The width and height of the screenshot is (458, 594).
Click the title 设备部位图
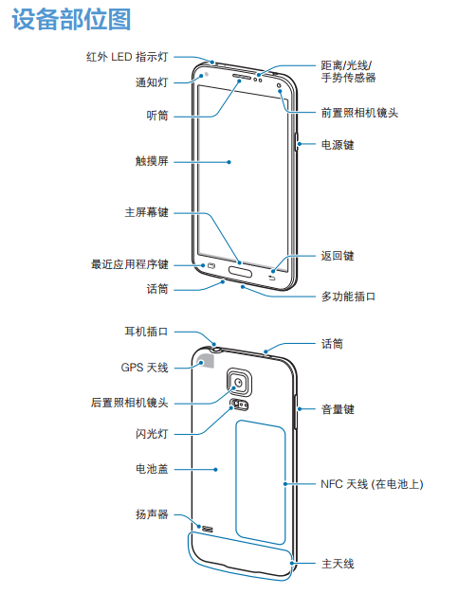point(71,19)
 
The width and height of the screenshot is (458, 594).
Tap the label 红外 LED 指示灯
point(127,57)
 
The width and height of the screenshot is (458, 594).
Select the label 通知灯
point(152,82)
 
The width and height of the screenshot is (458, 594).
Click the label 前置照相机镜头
point(359,113)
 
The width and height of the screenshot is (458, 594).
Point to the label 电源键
point(338,145)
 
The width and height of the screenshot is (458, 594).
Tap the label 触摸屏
point(152,161)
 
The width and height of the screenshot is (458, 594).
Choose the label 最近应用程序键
point(130,264)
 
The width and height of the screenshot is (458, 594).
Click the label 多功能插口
point(348,297)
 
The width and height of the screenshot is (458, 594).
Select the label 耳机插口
point(146,332)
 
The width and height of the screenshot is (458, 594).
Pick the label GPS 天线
point(144,368)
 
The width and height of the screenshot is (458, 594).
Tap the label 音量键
point(338,409)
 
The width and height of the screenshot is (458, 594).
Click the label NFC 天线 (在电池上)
point(372,484)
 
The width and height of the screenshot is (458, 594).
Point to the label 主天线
point(338,564)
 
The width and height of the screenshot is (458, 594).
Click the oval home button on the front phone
point(240,271)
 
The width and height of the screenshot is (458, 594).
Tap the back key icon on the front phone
point(272,279)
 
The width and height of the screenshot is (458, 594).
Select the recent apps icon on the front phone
point(211,266)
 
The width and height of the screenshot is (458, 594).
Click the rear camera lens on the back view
point(239,383)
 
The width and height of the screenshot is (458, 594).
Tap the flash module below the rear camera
point(240,405)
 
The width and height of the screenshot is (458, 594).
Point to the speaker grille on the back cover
point(208,528)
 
